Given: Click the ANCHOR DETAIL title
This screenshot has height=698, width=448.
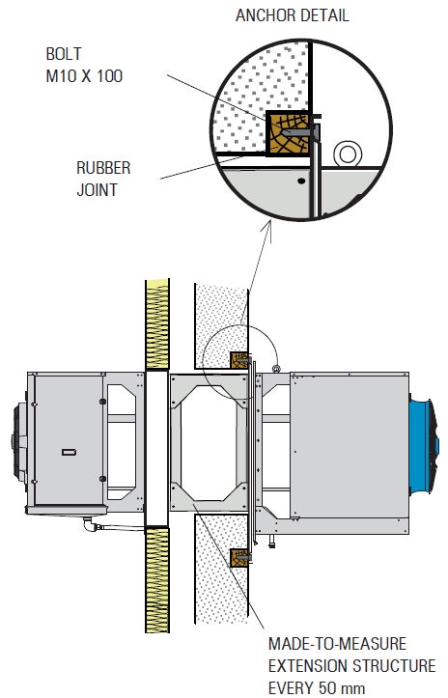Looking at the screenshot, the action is point(293,15).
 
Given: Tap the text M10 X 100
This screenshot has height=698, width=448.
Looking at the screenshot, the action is point(84,76).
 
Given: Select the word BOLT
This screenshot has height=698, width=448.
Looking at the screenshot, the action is point(64,54).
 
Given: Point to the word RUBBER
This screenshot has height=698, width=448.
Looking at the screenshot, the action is point(103,168).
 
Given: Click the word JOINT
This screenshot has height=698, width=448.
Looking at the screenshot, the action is point(98,190).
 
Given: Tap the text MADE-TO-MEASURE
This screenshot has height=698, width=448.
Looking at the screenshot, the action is point(338,644).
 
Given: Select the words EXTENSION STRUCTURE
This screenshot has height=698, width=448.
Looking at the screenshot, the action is point(351,666).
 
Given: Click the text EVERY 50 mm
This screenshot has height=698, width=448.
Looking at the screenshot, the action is point(317,687).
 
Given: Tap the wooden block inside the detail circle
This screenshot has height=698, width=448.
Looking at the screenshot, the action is point(288,133).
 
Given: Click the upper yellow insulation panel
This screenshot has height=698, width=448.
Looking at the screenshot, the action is point(157,324).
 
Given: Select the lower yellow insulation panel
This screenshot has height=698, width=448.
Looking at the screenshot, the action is point(157,579).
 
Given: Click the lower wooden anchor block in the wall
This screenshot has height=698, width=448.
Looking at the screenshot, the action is point(238,558).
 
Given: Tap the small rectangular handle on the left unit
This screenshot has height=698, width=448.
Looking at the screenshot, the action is point(69,452).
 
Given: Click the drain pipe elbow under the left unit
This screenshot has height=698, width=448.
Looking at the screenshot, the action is point(90,525).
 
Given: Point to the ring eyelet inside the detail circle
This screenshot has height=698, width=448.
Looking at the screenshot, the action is point(348,154).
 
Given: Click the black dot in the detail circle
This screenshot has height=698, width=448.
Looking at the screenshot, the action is point(301,181).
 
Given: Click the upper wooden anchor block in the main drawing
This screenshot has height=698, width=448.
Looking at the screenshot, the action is point(238,360).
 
